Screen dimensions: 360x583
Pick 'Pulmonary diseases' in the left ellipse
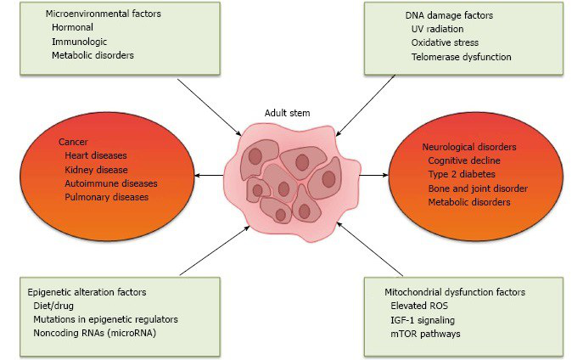click(x=105, y=197)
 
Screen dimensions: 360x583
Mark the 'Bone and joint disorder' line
click(x=478, y=188)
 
